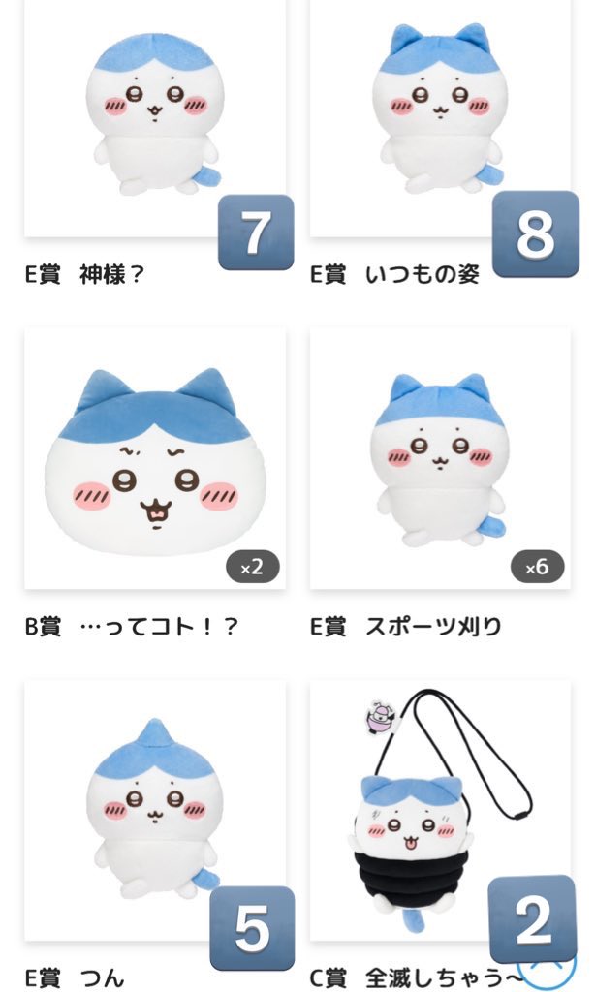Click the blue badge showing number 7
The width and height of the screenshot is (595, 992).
click(255, 232)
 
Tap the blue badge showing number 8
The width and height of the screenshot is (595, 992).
click(535, 233)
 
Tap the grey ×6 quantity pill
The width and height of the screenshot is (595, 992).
click(537, 567)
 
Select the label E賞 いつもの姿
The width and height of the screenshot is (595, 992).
click(394, 274)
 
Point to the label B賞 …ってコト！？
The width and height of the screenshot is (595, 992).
click(131, 626)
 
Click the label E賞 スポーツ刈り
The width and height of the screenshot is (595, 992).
click(406, 626)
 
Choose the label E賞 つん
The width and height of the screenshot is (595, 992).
click(75, 977)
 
